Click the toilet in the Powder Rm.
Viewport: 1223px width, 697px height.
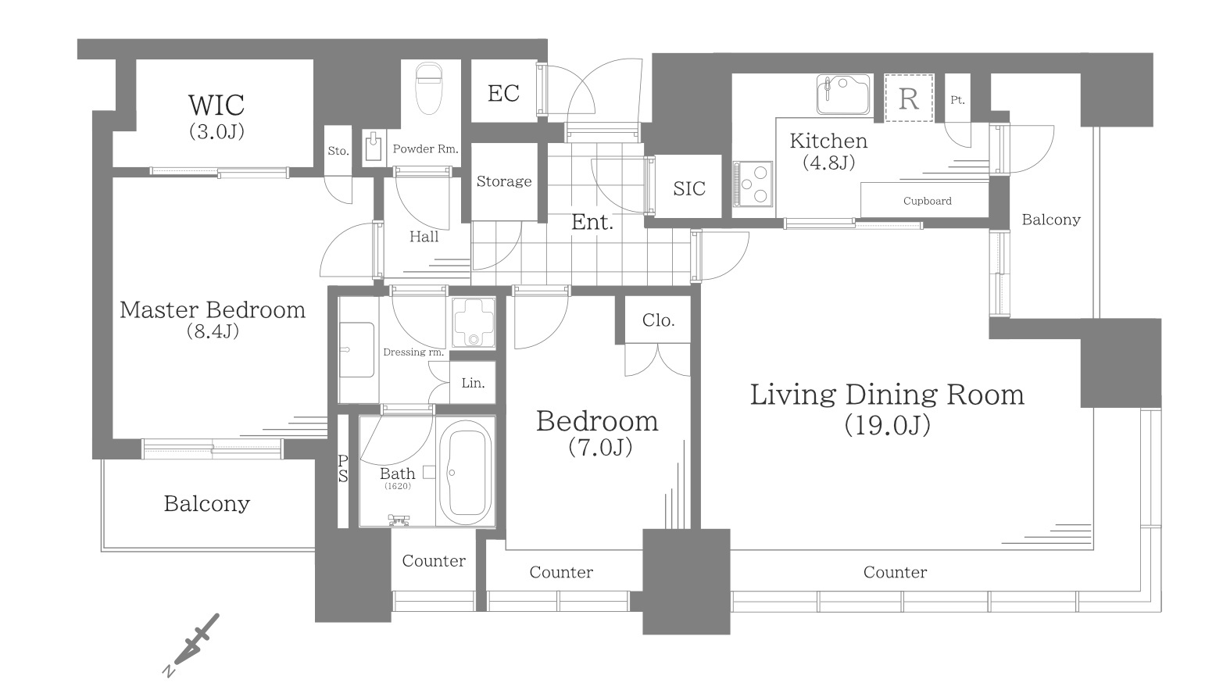(428, 88)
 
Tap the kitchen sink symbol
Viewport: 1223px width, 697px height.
(843, 95)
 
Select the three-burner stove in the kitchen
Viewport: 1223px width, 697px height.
(753, 184)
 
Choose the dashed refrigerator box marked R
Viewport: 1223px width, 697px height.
(909, 98)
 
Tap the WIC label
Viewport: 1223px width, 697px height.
(216, 105)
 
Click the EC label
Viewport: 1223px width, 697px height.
(503, 93)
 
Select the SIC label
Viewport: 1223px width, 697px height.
(689, 188)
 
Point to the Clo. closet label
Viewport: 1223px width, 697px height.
(659, 320)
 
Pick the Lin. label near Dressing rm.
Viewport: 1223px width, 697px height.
(473, 383)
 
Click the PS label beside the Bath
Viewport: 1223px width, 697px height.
(343, 469)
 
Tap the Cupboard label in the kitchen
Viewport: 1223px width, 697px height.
(927, 201)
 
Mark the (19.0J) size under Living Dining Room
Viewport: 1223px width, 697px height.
(887, 425)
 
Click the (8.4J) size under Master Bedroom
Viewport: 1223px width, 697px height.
(213, 331)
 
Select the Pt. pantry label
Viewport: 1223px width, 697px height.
(957, 100)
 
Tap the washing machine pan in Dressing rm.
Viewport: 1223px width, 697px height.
(474, 323)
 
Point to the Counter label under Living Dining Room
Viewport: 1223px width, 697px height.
(895, 572)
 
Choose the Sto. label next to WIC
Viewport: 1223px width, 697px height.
(338, 151)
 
